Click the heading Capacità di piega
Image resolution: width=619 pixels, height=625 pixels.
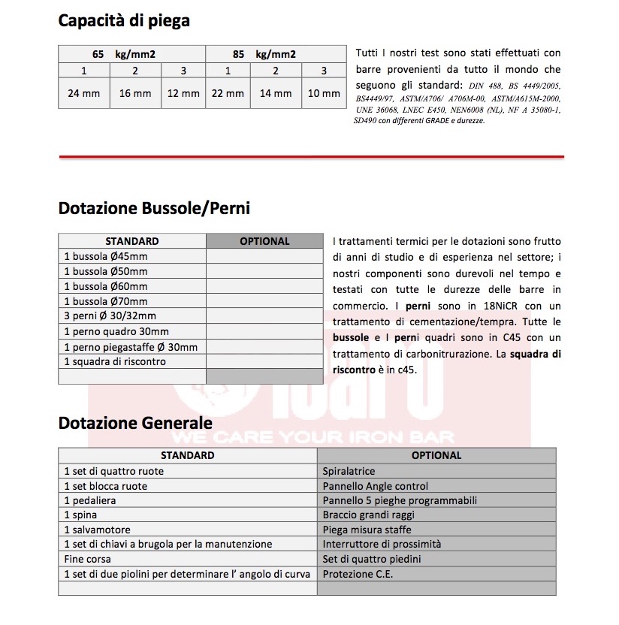124,21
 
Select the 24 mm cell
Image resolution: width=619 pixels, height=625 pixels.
84,94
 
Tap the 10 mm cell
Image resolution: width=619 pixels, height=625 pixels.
324,94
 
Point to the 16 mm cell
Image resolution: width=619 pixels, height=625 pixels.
135,94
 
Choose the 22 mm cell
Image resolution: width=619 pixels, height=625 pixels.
228,94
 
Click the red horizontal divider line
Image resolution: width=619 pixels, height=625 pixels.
311,157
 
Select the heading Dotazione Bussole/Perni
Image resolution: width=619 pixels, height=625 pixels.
154,208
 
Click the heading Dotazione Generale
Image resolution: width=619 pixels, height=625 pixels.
135,424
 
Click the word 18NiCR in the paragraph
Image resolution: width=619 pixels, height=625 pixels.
501,306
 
